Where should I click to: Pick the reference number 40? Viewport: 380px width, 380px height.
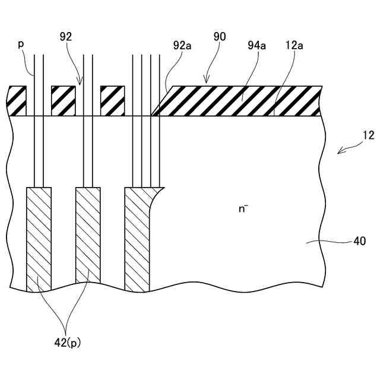[x=360, y=241]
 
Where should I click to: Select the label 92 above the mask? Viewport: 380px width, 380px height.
[x=66, y=37]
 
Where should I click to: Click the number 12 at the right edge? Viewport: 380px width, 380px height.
[x=368, y=135]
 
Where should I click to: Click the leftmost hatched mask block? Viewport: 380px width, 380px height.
[x=17, y=100]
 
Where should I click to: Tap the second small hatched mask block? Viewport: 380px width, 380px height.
[x=64, y=100]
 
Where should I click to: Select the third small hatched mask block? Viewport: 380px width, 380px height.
[x=112, y=100]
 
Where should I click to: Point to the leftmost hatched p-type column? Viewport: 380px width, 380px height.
[x=39, y=237]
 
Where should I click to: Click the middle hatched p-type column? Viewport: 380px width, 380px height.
[x=88, y=237]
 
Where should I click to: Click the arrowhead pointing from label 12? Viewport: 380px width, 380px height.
[x=339, y=153]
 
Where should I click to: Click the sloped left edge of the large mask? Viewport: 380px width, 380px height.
[x=161, y=100]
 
